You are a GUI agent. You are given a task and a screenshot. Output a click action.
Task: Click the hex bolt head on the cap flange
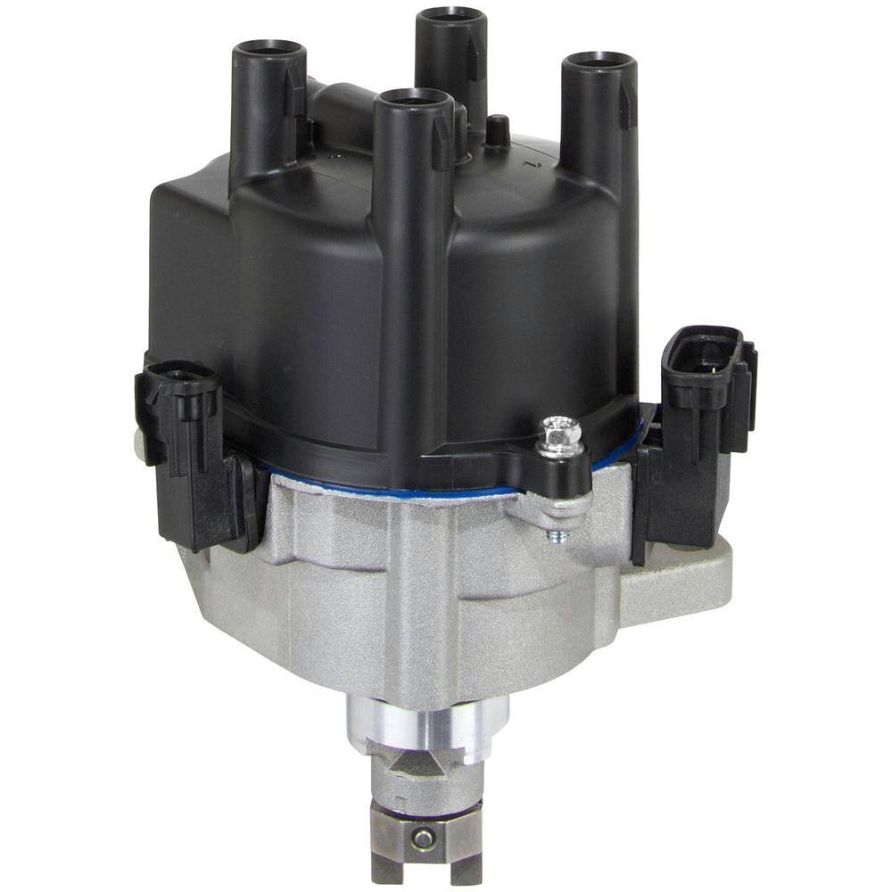[x=563, y=434]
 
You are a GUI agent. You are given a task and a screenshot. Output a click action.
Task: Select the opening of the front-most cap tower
[x=410, y=98]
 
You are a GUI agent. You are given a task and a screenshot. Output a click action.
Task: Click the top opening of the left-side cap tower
[x=268, y=49]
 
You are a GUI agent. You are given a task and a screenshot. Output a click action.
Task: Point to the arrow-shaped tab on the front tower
[x=442, y=143]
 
